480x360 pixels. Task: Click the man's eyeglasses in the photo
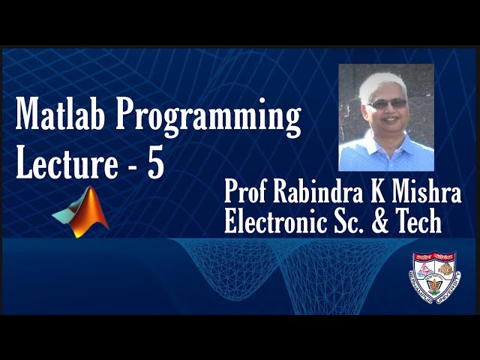pos(388,103)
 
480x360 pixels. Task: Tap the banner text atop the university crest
pos(434,255)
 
